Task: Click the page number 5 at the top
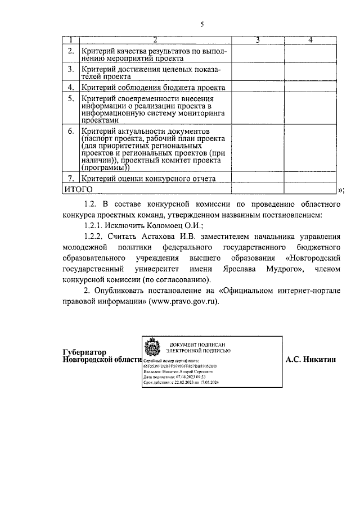click(x=202, y=24)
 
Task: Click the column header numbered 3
click(x=257, y=40)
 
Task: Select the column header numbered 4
click(x=310, y=40)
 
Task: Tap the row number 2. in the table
click(x=71, y=52)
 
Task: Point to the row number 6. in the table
click(x=71, y=131)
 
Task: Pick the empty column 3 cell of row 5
click(x=257, y=109)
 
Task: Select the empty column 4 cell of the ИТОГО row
click(x=310, y=189)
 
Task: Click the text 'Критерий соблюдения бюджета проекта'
click(x=153, y=88)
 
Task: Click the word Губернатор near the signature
click(x=84, y=352)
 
